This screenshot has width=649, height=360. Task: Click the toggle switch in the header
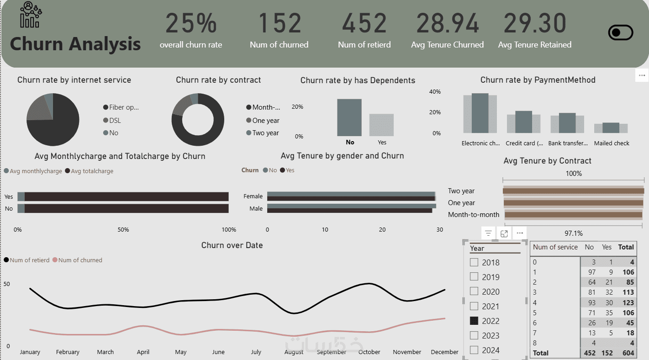coord(621,33)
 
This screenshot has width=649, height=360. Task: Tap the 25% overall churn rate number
coord(191,23)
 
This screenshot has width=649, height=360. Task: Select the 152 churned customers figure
coord(280,23)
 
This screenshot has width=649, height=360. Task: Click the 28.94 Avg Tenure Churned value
coord(447,23)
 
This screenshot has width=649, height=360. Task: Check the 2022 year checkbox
coord(474,321)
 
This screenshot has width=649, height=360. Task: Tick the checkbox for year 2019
coord(474,277)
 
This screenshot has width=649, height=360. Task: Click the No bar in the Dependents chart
coord(349,117)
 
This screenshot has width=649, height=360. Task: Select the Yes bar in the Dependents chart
coord(381,125)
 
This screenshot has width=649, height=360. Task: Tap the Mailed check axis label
coord(612,143)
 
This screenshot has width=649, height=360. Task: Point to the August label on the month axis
coord(294,352)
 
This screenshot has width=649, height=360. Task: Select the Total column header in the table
coord(626,247)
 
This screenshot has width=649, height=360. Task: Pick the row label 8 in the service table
coord(535,343)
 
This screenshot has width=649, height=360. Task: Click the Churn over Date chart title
coord(232,245)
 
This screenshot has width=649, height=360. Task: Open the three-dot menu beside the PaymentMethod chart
coord(642,75)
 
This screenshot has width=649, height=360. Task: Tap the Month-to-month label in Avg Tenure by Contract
coord(474,214)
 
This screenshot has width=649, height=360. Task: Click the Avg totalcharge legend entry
coord(90,171)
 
